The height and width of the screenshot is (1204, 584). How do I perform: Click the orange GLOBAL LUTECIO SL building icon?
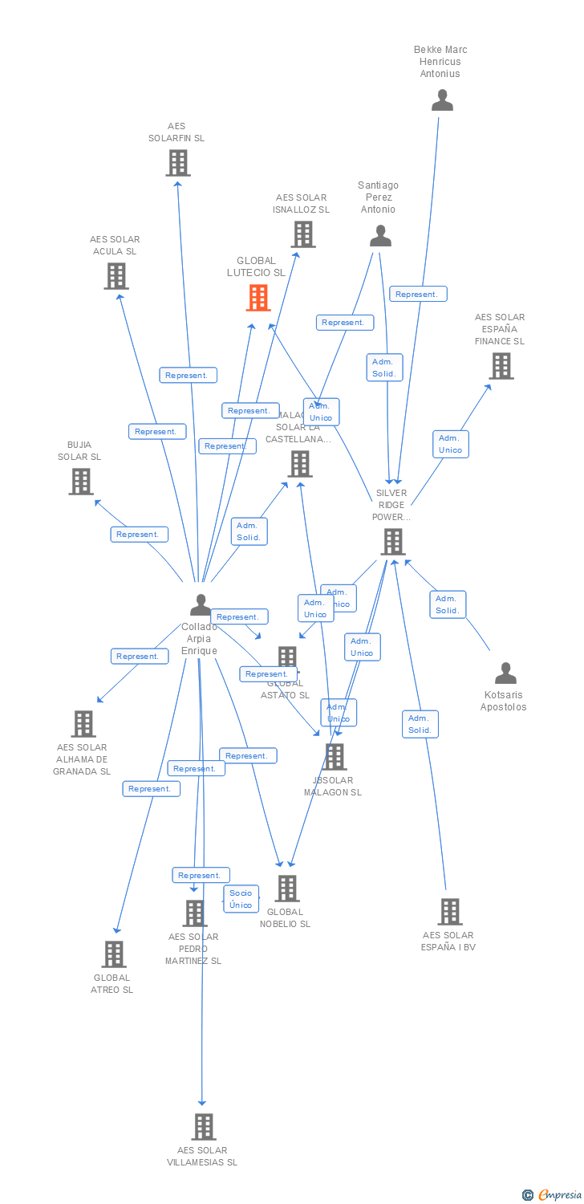[258, 298]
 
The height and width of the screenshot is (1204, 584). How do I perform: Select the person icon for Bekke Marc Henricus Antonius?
[442, 100]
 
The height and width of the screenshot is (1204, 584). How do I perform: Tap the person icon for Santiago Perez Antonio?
[380, 236]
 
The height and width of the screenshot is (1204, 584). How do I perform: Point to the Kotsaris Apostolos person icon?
[505, 673]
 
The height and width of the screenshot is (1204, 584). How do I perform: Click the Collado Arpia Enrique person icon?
[201, 605]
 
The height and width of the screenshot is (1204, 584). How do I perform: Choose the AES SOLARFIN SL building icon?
[177, 163]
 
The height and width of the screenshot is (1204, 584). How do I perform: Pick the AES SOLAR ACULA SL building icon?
[116, 276]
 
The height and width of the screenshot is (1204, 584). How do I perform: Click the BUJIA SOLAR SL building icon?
[81, 482]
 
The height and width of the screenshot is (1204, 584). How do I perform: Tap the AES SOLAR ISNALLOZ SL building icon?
[302, 234]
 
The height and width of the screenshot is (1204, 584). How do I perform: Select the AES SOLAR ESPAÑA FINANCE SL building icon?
[501, 366]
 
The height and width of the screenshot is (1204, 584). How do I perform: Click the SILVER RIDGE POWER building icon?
[392, 542]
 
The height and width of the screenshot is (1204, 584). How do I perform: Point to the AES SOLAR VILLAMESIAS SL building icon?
[204, 1127]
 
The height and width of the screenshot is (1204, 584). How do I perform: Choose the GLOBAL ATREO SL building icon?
[114, 954]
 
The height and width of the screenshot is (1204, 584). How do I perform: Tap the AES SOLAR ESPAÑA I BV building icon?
[449, 912]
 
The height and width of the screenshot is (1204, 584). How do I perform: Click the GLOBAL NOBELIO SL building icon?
[287, 889]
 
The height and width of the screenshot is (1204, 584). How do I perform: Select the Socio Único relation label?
[241, 899]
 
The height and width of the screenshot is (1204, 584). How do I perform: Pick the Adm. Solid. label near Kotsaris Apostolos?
[448, 604]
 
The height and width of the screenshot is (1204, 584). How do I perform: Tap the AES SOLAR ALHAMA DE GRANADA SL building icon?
[83, 724]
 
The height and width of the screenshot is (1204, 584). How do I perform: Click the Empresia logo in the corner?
[552, 1194]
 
